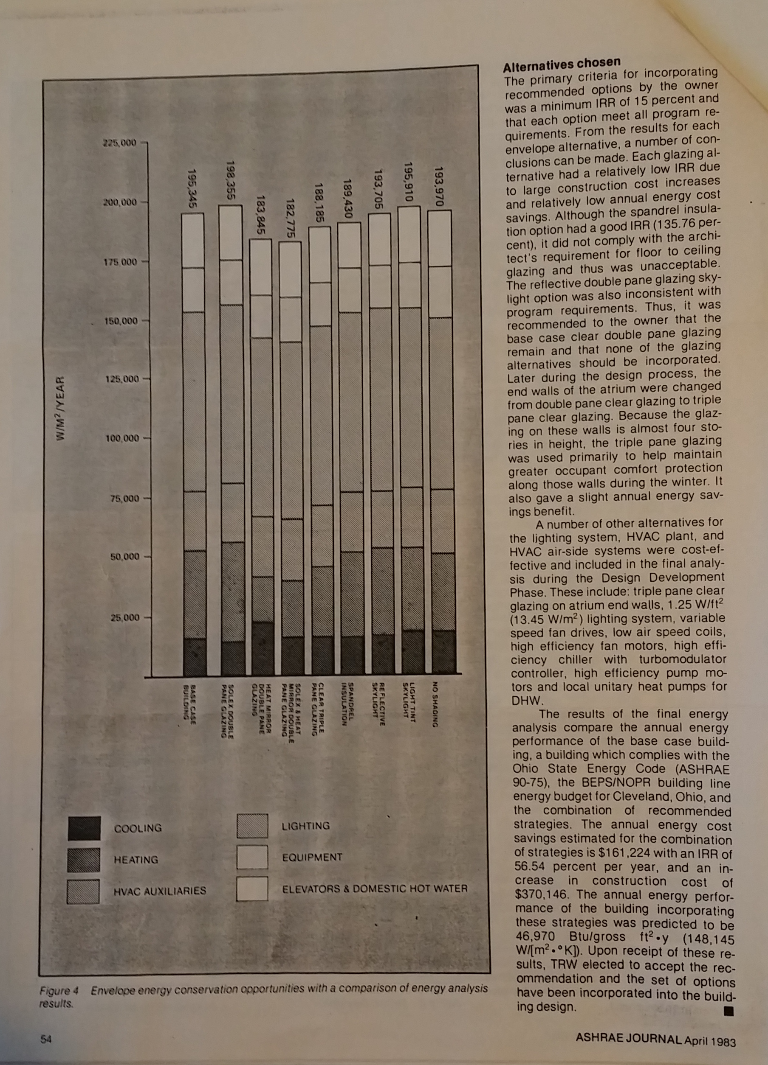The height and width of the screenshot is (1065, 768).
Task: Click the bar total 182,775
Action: pyautogui.click(x=290, y=219)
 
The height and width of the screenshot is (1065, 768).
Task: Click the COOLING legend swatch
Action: pyautogui.click(x=84, y=828)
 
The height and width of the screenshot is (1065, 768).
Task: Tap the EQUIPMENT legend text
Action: pyautogui.click(x=312, y=858)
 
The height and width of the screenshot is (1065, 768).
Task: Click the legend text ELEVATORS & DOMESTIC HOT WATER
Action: pyautogui.click(x=375, y=889)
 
